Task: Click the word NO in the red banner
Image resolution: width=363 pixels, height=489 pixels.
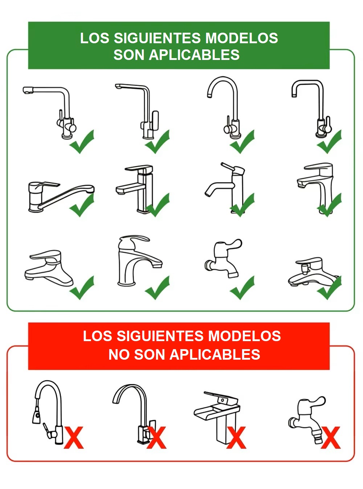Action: [119, 355]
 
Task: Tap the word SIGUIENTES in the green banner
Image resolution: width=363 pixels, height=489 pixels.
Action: [157, 38]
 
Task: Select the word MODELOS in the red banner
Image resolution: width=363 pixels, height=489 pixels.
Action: [245, 336]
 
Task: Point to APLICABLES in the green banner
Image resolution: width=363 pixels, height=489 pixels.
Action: [194, 54]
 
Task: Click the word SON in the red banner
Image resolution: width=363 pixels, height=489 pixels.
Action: [150, 355]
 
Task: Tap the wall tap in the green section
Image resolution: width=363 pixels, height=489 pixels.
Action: [223, 258]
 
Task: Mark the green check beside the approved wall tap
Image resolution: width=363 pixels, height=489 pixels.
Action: [242, 288]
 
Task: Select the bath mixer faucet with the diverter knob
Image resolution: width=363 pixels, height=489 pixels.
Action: [313, 272]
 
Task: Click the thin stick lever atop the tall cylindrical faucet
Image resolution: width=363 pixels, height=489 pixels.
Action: [228, 166]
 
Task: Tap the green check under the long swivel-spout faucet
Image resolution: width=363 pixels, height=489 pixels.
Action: [82, 205]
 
